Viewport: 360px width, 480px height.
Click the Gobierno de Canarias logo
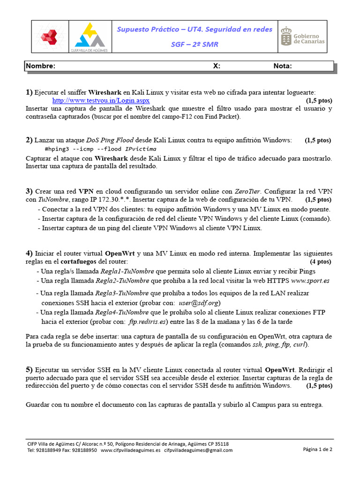(302, 37)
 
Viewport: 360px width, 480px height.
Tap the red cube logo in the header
(49, 37)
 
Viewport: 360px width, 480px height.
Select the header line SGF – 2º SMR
(194, 45)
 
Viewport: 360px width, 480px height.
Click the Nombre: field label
(41, 66)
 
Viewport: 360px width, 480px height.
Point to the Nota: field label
(283, 66)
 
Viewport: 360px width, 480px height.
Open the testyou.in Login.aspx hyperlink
(101, 100)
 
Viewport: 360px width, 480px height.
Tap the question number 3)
(30, 191)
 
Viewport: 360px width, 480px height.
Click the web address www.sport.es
(310, 281)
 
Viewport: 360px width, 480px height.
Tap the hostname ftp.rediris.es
(148, 322)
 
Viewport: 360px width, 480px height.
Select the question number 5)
(30, 369)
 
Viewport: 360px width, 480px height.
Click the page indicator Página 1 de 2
(317, 449)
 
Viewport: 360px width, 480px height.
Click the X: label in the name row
(217, 66)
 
